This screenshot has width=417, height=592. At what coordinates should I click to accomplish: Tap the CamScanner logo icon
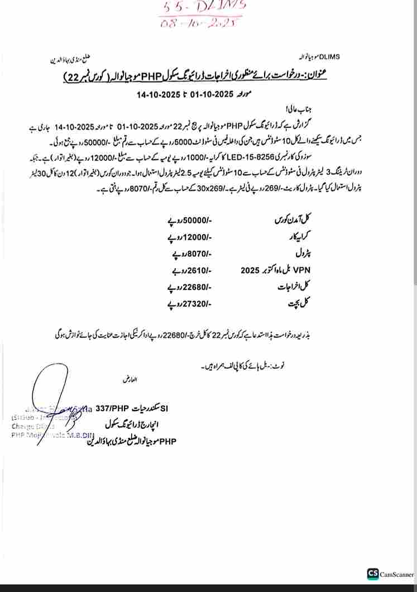(x=372, y=574)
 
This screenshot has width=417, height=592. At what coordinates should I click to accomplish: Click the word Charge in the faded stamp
(x=23, y=426)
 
